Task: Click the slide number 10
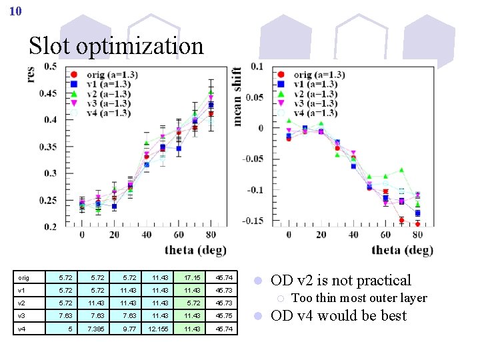(x=16, y=11)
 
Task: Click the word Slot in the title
(x=50, y=46)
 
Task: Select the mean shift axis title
(x=238, y=97)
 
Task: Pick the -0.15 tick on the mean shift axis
(x=254, y=221)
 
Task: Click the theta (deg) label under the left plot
(x=196, y=250)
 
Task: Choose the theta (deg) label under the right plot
(x=403, y=250)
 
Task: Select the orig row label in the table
(x=23, y=277)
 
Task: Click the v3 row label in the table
(x=22, y=315)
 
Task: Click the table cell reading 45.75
(x=224, y=315)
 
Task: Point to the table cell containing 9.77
(x=125, y=329)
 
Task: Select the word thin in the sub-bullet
(x=330, y=298)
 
